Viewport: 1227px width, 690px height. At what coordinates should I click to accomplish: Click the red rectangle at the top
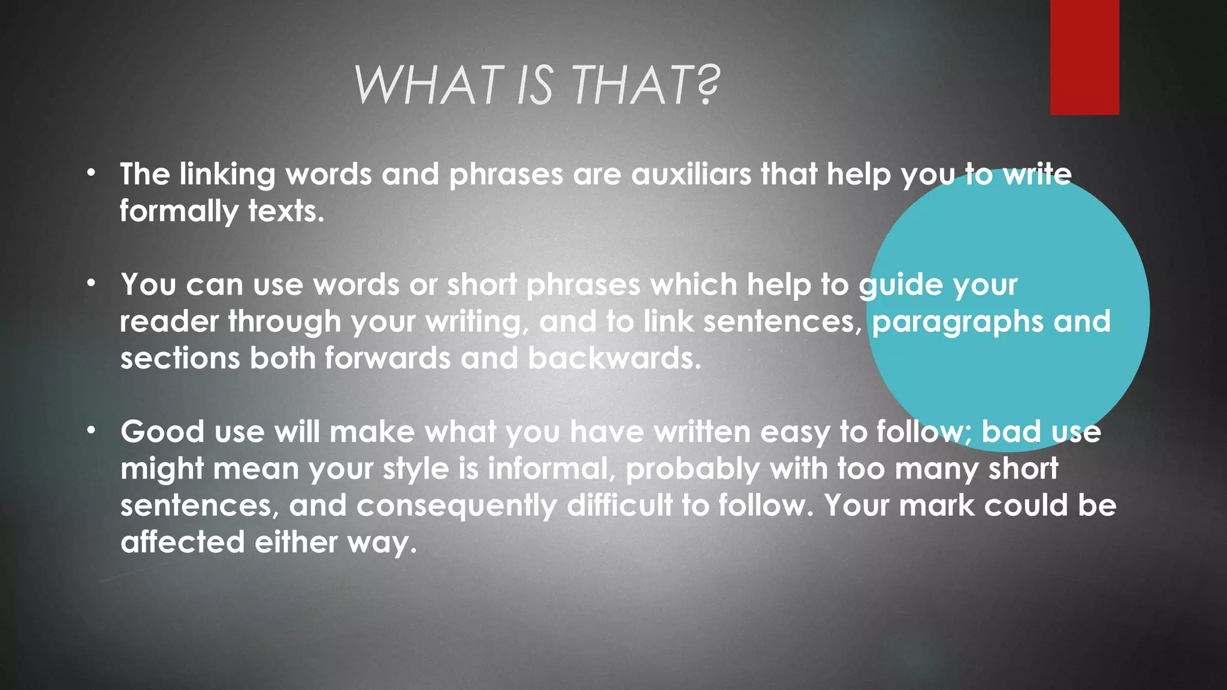(x=1084, y=57)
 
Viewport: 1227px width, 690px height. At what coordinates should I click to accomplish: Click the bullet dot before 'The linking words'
(x=90, y=174)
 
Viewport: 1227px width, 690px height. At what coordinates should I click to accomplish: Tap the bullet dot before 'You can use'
(x=90, y=283)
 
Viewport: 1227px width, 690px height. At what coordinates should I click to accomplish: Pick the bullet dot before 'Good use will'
(x=90, y=430)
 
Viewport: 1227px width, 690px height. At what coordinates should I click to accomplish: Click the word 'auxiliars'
(x=691, y=174)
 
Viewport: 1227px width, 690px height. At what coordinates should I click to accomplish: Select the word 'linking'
(x=227, y=175)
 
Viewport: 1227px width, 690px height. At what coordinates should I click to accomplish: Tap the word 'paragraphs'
(x=957, y=322)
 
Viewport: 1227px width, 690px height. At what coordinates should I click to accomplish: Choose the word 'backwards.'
(x=614, y=358)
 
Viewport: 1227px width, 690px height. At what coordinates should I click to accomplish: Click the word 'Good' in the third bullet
(x=162, y=431)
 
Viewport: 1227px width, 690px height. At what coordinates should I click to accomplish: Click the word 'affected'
(x=183, y=542)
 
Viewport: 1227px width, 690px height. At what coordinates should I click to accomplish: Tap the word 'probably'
(x=693, y=469)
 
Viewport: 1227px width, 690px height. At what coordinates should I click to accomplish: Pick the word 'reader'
(x=169, y=322)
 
